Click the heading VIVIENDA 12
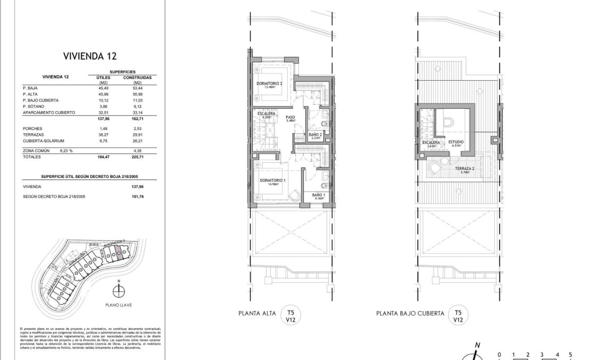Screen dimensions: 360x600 point(90,55)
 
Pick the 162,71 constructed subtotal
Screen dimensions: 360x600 point(137,119)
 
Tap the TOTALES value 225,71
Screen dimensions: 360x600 point(137,158)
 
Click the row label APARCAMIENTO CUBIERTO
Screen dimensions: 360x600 point(49,113)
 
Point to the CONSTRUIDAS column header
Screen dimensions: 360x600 point(138,77)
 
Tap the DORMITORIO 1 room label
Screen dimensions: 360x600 point(272,181)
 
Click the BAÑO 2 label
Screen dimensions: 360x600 point(315,135)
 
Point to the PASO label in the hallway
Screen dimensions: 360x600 point(290,118)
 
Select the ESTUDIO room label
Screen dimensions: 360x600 point(455,142)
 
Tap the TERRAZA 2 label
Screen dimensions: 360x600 point(465,168)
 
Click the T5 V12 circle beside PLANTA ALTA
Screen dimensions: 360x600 point(290,316)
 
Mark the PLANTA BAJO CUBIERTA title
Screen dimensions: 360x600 point(410,314)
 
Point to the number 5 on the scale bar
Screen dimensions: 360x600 point(570,354)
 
